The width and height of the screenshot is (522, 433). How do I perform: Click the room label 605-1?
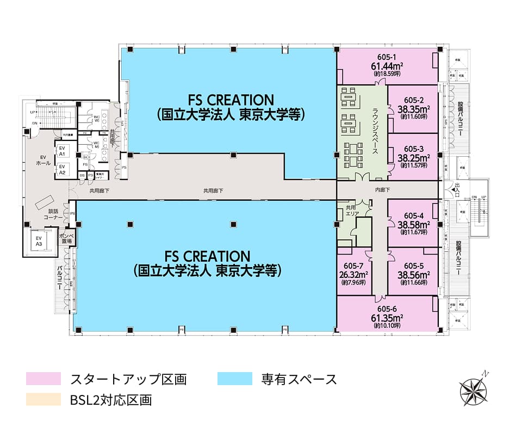coord(386,57)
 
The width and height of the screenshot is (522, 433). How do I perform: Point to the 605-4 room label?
coord(414,215)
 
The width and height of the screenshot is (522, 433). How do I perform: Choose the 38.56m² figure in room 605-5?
coord(414,275)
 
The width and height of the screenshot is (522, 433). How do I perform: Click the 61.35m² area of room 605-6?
coord(387,318)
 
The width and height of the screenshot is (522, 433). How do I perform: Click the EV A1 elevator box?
coord(62,151)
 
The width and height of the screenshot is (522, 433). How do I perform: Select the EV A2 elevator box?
coord(62,169)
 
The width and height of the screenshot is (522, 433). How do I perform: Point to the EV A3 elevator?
coord(39,241)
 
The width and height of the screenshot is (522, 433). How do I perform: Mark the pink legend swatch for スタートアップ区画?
coord(43,379)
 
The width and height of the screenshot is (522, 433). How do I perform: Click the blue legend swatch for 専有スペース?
coord(235,379)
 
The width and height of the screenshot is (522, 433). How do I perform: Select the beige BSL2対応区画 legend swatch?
coord(43,400)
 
